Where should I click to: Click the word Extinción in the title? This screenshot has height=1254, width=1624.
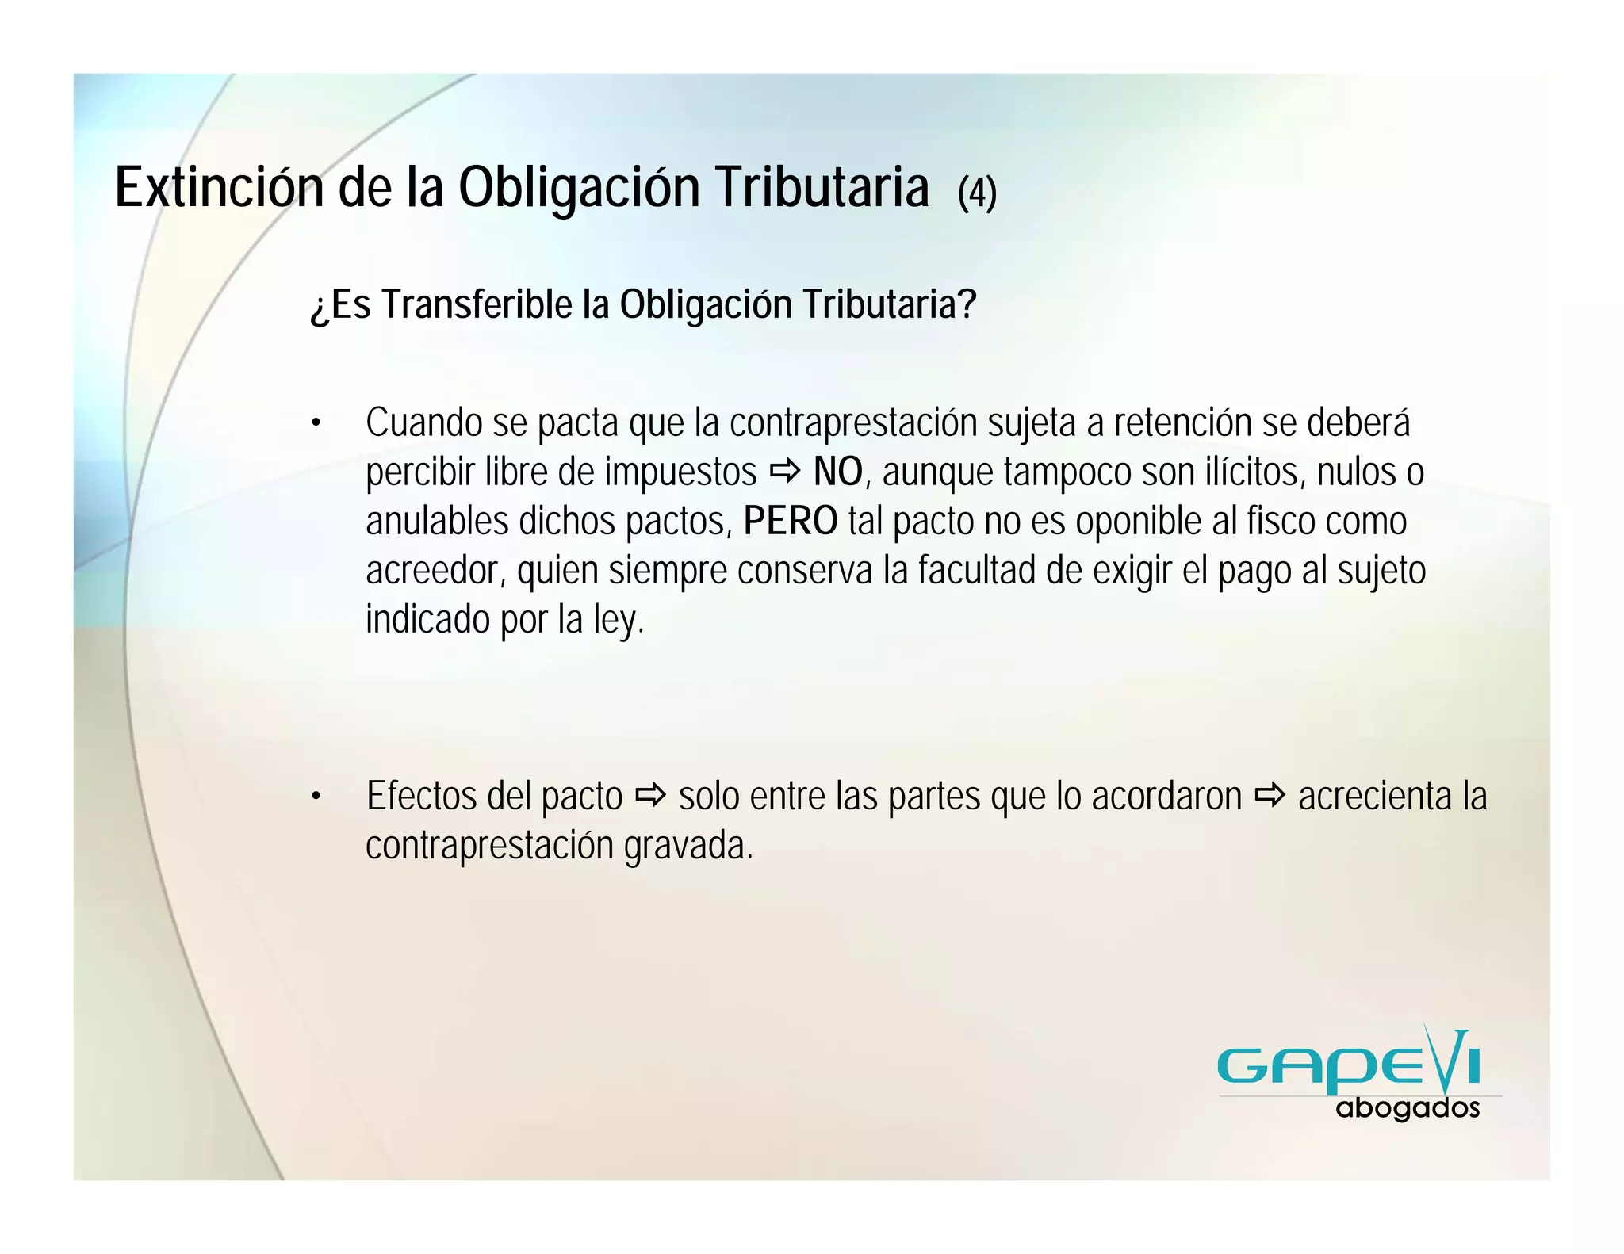219,188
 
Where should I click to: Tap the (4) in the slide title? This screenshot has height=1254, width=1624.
977,193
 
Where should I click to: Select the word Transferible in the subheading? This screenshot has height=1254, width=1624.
477,305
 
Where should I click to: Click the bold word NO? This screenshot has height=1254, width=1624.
837,472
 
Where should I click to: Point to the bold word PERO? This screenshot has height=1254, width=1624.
790,522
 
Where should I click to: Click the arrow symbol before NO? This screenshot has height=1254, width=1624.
785,473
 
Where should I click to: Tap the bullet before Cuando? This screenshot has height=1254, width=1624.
316,423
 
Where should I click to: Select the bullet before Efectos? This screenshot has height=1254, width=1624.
316,797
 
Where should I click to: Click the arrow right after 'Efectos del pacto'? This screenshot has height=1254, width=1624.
650,796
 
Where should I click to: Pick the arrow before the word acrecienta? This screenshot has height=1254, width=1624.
1270,796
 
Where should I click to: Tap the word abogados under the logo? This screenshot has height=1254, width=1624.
1408,1107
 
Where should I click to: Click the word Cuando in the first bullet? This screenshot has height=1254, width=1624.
423,423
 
